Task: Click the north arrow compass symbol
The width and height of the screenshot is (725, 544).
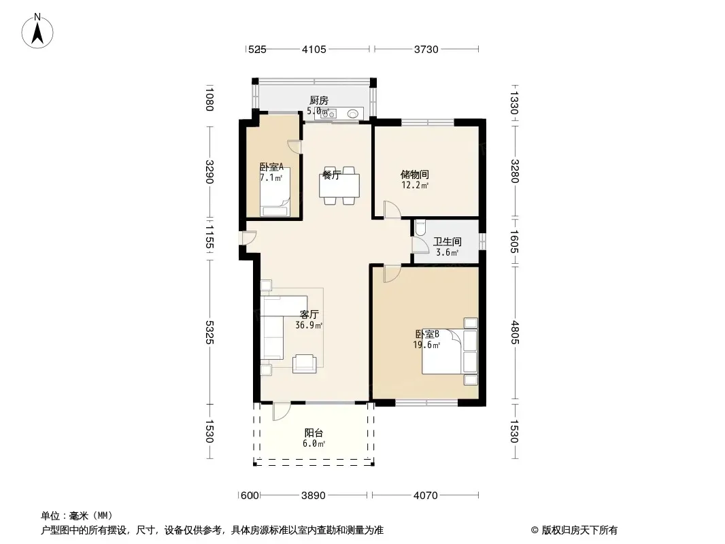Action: pyautogui.click(x=37, y=31)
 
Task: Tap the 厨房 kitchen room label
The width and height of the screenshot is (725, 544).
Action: pyautogui.click(x=318, y=100)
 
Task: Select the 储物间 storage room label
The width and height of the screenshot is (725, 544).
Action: pyautogui.click(x=414, y=174)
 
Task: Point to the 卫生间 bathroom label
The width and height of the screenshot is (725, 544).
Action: pyautogui.click(x=447, y=241)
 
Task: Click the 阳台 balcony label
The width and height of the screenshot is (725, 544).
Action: pyautogui.click(x=314, y=433)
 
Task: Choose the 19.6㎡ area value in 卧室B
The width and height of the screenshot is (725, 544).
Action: pyautogui.click(x=426, y=345)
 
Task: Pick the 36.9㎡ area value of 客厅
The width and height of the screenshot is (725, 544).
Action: pyautogui.click(x=309, y=325)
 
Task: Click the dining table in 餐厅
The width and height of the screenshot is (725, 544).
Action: pyautogui.click(x=339, y=186)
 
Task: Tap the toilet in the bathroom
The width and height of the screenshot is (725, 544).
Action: pyautogui.click(x=420, y=227)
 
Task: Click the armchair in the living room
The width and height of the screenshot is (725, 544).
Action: pyautogui.click(x=304, y=363)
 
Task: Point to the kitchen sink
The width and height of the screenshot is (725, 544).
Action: pyautogui.click(x=353, y=114)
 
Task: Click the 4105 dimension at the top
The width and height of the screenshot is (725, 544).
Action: pyautogui.click(x=314, y=49)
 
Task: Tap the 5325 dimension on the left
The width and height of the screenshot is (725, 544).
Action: pyautogui.click(x=209, y=333)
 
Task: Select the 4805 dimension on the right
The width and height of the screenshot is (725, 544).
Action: pyautogui.click(x=515, y=333)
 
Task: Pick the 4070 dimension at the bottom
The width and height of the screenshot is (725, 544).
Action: pyautogui.click(x=425, y=496)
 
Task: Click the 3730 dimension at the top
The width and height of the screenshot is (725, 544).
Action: pyautogui.click(x=426, y=49)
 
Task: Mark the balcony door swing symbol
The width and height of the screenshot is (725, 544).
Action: pyautogui.click(x=281, y=411)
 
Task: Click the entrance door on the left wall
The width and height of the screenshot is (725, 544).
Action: pyautogui.click(x=248, y=237)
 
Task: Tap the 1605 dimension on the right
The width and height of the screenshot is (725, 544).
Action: pyautogui.click(x=515, y=241)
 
